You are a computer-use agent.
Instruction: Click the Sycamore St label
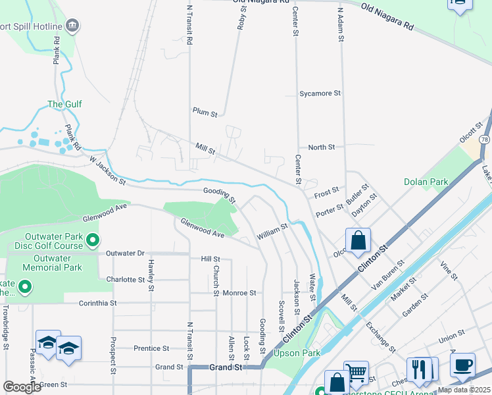320,93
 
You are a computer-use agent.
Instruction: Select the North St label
322,147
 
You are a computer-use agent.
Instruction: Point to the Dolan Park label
426,182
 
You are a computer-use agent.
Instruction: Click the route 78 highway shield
484,140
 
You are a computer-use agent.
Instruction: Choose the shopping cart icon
356,373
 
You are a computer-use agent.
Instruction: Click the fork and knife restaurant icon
422,370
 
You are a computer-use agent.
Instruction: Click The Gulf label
64,104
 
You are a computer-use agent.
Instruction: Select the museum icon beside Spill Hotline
72,26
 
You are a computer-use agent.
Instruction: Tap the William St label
272,230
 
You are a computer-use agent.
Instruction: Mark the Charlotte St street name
125,279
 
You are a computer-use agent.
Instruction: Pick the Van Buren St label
389,275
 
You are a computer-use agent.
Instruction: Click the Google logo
22,386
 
